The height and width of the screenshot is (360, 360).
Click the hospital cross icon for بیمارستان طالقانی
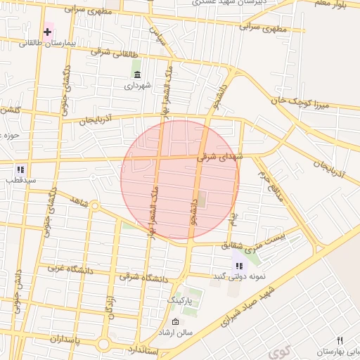click(x=48, y=32)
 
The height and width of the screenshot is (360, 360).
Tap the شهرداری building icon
click(x=136, y=75)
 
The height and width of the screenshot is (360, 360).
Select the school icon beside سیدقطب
click(x=20, y=169)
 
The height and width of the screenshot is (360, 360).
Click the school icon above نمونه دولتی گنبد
click(x=239, y=266)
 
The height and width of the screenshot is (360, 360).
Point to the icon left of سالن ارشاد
click(x=175, y=321)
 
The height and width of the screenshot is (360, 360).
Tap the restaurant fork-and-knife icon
click(x=340, y=341)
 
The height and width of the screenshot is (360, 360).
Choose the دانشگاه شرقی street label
click(x=144, y=277)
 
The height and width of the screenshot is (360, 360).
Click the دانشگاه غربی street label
click(x=68, y=269)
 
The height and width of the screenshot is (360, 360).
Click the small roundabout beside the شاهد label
click(x=94, y=206)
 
